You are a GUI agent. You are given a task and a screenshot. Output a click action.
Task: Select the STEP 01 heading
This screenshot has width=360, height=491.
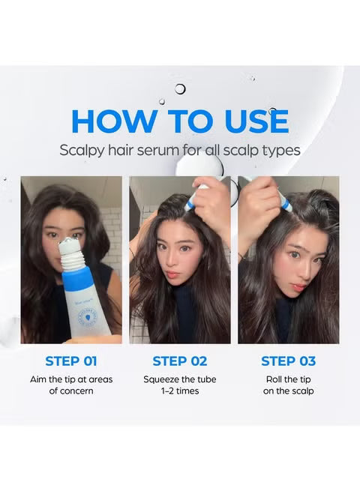[71, 361]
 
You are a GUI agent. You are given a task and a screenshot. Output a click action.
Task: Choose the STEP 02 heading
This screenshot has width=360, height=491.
[180, 361]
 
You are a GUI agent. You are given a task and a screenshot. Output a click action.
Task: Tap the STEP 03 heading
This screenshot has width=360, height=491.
[289, 361]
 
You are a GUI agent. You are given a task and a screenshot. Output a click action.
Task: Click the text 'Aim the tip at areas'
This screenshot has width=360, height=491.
[71, 379]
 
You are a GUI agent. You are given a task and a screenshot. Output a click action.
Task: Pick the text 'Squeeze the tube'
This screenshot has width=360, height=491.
[180, 379]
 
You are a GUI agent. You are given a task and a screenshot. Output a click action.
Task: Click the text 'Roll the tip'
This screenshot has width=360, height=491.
[289, 379]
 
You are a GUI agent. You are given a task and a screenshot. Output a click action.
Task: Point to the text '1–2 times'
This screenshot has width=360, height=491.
[180, 391]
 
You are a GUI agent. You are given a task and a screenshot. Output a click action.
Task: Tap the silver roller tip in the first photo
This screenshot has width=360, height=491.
[71, 244]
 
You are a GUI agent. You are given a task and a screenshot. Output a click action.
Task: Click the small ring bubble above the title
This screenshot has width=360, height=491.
[180, 89]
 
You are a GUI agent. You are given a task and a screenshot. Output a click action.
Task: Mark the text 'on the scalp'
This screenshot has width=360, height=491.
[289, 391]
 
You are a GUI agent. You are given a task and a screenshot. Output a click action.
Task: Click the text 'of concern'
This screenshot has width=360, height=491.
[71, 391]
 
